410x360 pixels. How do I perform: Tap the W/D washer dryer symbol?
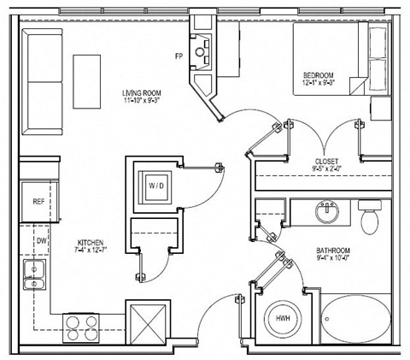click(157, 184)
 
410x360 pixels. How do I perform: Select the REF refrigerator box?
click(38, 202)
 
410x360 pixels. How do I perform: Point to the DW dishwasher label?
click(40, 241)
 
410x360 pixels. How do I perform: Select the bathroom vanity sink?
click(327, 211)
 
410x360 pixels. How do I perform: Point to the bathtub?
click(358, 320)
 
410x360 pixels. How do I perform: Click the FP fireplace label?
click(179, 57)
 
